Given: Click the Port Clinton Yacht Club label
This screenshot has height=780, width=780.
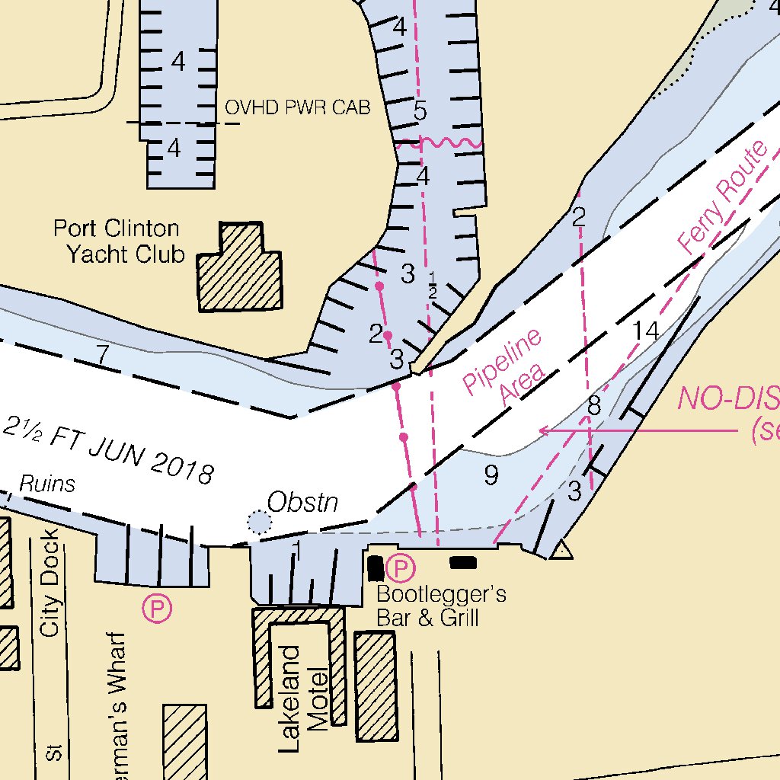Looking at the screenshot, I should click(x=119, y=241).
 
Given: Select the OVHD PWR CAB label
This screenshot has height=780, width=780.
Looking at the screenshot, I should click(x=297, y=108).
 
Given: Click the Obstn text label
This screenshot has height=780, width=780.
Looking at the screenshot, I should click(x=302, y=503).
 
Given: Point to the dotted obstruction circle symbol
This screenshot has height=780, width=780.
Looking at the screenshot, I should click(x=259, y=522).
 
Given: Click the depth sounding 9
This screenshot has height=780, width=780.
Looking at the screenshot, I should click(x=491, y=475).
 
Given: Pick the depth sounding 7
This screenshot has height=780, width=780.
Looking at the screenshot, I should click(x=103, y=353).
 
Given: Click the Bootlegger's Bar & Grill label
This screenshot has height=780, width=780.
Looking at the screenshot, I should click(x=441, y=606).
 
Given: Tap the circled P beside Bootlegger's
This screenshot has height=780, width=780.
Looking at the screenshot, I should click(x=401, y=567).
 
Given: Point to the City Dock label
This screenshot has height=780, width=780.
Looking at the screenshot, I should click(x=50, y=583).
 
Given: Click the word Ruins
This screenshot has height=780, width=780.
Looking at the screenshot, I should click(x=47, y=484).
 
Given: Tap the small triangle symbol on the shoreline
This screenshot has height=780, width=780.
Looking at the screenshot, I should click(x=561, y=550).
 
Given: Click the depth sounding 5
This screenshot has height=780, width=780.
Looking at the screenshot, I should click(x=420, y=111).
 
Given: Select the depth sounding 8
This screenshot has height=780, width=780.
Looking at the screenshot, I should click(x=594, y=406).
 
